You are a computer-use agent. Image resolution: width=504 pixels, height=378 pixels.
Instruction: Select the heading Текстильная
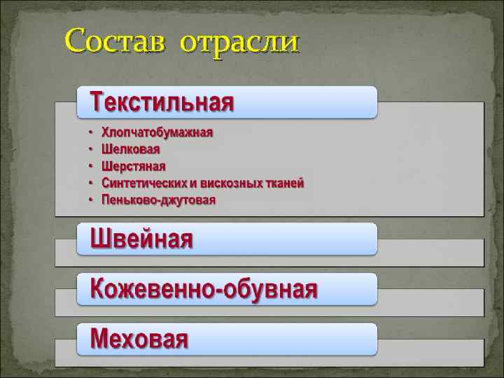162,103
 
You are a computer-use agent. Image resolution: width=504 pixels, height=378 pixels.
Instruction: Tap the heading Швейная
142,239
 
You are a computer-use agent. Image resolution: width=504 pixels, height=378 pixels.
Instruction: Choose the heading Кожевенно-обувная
204,288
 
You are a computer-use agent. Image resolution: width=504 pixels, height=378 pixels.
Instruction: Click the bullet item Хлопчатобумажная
157,132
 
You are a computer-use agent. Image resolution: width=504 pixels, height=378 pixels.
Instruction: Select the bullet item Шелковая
131,149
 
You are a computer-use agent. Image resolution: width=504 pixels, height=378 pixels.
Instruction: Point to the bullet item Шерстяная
134,166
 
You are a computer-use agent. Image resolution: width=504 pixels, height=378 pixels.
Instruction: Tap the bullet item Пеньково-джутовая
159,200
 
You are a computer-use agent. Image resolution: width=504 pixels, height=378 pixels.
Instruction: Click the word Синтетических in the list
144,183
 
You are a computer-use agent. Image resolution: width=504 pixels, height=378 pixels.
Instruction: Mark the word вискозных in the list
230,183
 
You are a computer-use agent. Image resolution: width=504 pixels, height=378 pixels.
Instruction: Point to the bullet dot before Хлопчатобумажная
90,132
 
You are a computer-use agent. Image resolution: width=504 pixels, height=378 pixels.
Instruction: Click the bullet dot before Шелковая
90,149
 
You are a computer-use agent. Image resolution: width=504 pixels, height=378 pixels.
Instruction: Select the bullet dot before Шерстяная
90,166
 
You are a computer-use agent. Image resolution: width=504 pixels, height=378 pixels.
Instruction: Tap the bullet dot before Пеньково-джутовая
90,200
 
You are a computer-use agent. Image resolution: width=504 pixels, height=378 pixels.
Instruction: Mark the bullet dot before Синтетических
90,183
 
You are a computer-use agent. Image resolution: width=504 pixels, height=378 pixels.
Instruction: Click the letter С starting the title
77,42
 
